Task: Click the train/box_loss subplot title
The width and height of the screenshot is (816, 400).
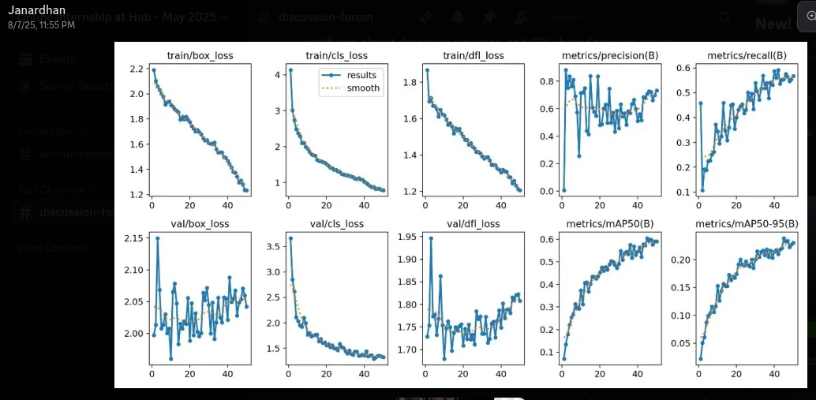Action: tap(200, 55)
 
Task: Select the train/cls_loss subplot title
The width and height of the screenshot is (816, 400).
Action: tap(337, 55)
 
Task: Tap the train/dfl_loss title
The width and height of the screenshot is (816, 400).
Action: tap(474, 55)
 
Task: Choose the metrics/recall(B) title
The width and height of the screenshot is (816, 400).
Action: tap(747, 55)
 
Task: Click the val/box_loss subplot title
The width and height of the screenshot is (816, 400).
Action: tap(200, 224)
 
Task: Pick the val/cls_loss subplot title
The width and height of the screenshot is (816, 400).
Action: tap(337, 224)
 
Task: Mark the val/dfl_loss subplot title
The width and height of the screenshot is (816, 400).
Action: tap(474, 224)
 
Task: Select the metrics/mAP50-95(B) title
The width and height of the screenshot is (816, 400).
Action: tap(747, 224)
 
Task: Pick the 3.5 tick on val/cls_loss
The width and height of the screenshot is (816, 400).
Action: tap(274, 247)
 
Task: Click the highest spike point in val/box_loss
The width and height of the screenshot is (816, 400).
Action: tap(157, 238)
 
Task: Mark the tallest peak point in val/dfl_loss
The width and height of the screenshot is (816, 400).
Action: tap(431, 237)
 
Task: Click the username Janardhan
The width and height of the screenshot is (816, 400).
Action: tap(32, 11)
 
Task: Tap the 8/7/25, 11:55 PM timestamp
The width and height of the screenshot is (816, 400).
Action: tap(41, 25)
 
